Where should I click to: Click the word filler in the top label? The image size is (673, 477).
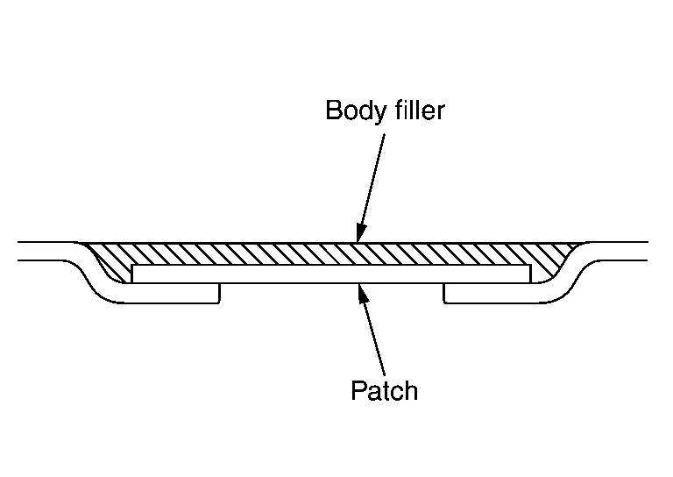(x=416, y=110)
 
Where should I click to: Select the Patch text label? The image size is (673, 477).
(x=384, y=390)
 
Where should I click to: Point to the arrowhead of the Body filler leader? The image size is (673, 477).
(x=358, y=237)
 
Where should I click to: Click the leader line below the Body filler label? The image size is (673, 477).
(x=372, y=181)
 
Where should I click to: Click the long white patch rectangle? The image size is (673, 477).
(x=331, y=274)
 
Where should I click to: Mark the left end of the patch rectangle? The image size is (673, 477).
(x=134, y=274)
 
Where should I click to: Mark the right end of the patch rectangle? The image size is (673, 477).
(x=528, y=274)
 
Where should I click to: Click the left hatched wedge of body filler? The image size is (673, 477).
(x=110, y=260)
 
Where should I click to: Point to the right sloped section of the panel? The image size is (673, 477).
(x=577, y=272)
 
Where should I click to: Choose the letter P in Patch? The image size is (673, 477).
(x=358, y=390)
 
